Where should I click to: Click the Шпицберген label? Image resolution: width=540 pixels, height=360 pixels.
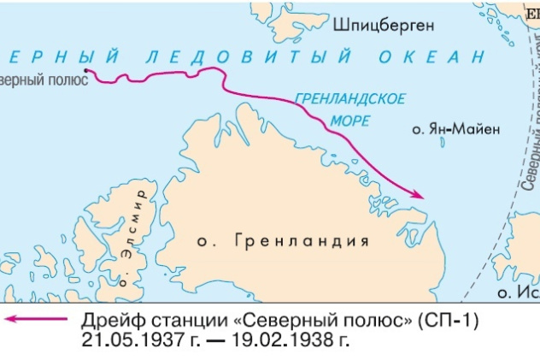[x=384, y=25]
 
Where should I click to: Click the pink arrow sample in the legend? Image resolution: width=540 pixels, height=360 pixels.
[x=34, y=321]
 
